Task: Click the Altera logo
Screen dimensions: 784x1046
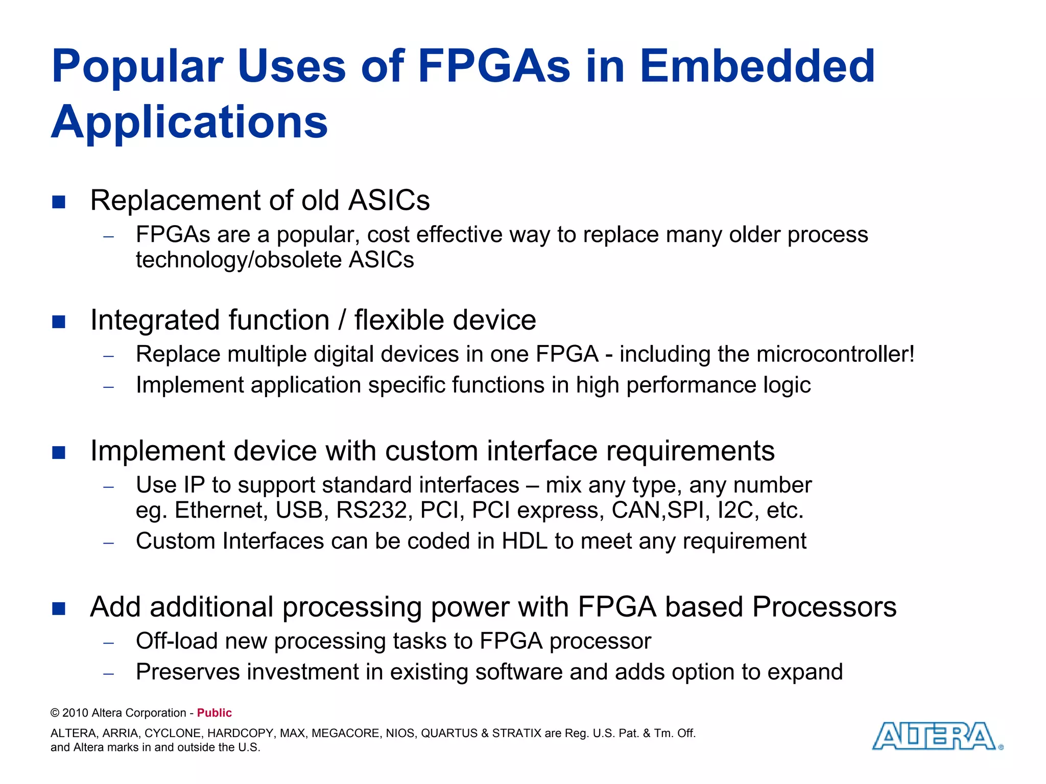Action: click(x=937, y=736)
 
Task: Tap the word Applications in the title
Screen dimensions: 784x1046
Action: click(x=189, y=122)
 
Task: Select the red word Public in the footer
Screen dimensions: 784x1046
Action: click(x=215, y=713)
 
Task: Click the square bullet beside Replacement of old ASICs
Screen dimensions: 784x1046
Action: click(x=59, y=202)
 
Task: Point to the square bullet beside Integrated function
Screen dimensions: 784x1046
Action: click(x=59, y=322)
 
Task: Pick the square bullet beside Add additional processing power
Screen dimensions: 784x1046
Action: click(x=59, y=608)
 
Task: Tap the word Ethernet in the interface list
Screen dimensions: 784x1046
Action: click(x=221, y=510)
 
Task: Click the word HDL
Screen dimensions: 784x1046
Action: click(x=525, y=541)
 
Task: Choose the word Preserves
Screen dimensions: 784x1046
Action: click(x=187, y=672)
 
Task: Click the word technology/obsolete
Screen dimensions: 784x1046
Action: click(x=239, y=260)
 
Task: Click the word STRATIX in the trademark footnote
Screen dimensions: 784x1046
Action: click(x=516, y=733)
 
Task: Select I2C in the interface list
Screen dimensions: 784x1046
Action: click(x=735, y=510)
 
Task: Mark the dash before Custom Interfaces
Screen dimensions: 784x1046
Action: click(x=108, y=543)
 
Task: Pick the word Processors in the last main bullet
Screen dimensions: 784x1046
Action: click(x=824, y=607)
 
